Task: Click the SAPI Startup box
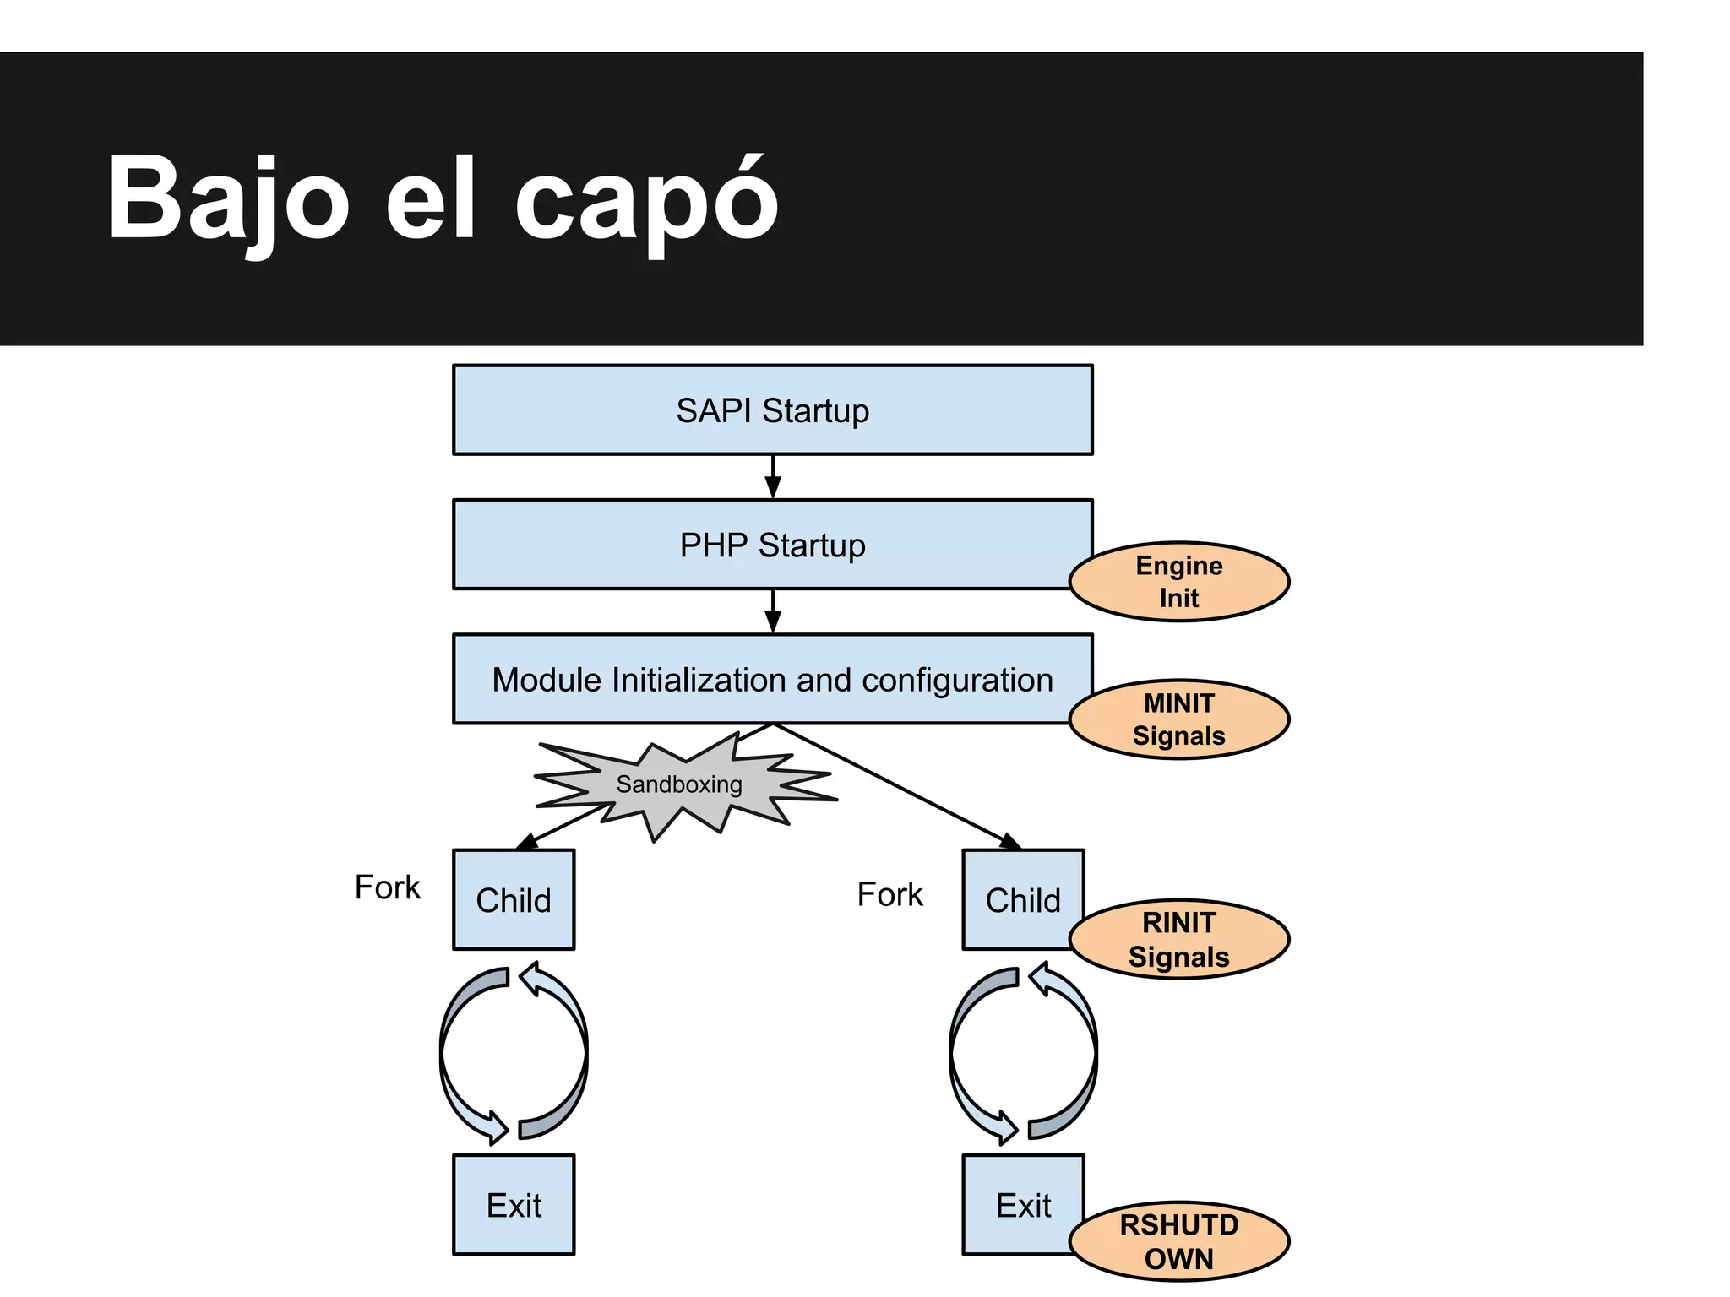[772, 410]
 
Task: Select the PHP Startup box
[772, 545]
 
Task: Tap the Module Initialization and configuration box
[772, 680]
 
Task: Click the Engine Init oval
[1178, 582]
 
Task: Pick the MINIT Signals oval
[1178, 719]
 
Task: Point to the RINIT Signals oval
[1178, 939]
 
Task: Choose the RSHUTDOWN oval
[1178, 1241]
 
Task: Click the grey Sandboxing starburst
[680, 785]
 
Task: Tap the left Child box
[514, 900]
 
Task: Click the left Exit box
[514, 1205]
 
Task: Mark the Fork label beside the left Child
[387, 887]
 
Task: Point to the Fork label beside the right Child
[889, 894]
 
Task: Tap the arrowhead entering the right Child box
[1010, 842]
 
